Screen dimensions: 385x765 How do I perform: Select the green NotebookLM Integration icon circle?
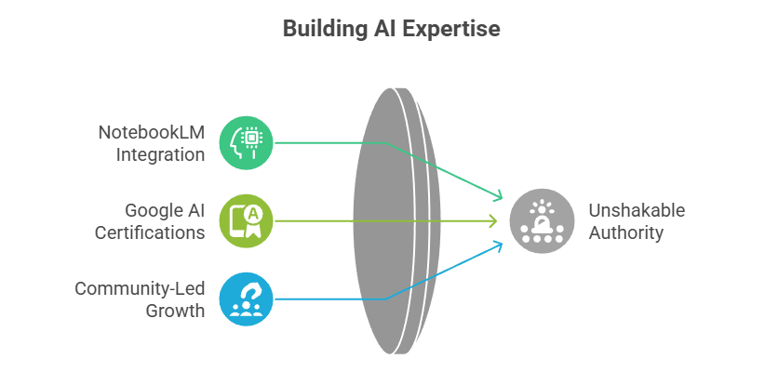[247, 142]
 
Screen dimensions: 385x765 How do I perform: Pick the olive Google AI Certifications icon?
[247, 221]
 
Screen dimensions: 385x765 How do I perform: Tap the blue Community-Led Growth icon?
[247, 299]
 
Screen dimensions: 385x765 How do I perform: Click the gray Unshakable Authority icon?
[536, 221]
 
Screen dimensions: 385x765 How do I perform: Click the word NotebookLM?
[152, 131]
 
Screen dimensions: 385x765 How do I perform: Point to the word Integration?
[160, 154]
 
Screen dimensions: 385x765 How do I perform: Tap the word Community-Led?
[140, 288]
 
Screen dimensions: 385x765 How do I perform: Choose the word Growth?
[175, 311]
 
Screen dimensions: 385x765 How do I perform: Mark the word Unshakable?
[637, 210]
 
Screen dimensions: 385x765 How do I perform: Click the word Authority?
[626, 232]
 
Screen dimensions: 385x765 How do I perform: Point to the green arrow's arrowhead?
[499, 197]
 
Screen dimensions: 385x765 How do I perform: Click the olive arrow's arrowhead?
[493, 221]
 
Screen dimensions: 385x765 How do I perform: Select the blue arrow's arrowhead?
[499, 245]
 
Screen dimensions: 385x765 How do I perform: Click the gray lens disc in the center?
[396, 221]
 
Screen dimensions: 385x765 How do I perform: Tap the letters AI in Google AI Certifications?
[195, 210]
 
